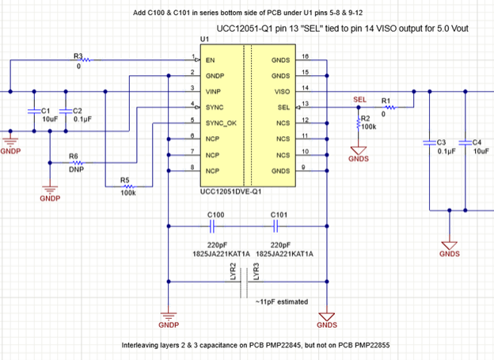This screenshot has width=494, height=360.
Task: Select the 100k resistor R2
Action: coord(358,123)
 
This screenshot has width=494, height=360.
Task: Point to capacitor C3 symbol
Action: coord(430,143)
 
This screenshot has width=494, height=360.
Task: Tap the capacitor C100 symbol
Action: coord(215,225)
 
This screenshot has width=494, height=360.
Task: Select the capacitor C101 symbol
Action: coord(279,225)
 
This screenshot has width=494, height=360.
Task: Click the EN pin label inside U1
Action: coord(211,60)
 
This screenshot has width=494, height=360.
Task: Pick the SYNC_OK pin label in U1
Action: coord(221,124)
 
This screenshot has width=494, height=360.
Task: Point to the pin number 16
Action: coord(305,55)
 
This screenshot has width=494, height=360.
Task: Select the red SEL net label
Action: coord(361,100)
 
